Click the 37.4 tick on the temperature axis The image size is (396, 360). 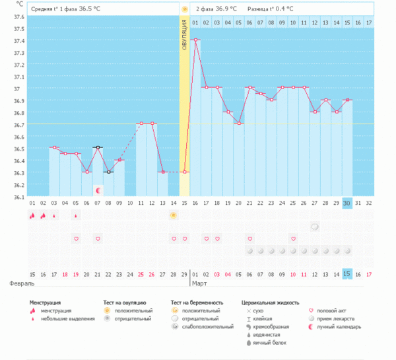(18, 41)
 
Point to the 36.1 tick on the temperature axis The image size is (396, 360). (18, 197)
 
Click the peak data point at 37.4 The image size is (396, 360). (196, 40)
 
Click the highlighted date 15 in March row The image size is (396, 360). (347, 274)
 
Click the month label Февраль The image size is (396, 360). (22, 283)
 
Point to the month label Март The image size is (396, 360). (199, 283)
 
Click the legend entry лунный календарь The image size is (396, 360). (339, 326)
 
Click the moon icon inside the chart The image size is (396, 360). (98, 190)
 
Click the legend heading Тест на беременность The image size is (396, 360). (198, 301)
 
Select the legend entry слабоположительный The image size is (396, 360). (208, 326)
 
